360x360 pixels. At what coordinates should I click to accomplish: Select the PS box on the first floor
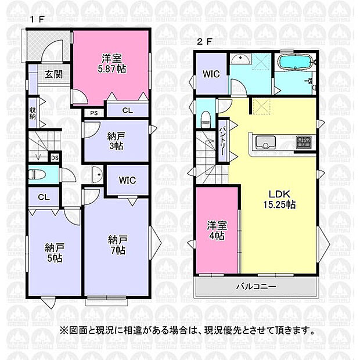tap(93, 113)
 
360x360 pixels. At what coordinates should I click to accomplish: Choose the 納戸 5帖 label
tap(54, 253)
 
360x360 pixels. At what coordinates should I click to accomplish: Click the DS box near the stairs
tap(55, 158)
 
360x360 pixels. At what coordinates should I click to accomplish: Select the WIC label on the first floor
tap(127, 181)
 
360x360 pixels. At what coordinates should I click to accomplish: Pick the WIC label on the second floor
tap(210, 74)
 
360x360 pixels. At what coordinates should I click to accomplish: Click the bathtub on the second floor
tap(294, 63)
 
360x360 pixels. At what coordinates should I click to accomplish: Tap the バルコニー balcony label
tap(256, 287)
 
